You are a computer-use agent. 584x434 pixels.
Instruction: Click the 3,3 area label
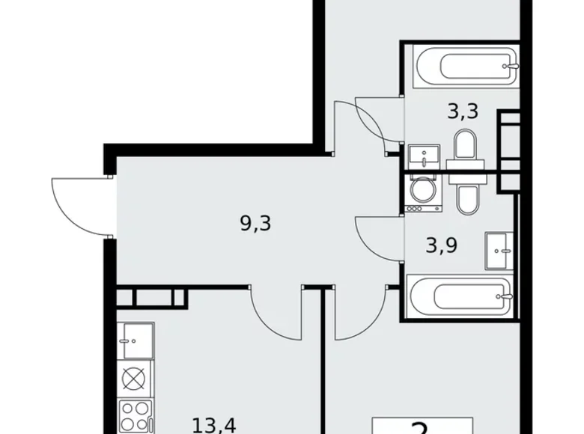pos(462,113)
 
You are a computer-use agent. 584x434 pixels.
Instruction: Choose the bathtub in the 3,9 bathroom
pos(460,298)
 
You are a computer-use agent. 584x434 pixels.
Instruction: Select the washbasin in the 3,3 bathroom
pos(425,158)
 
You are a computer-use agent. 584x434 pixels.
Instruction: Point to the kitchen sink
pos(136,340)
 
